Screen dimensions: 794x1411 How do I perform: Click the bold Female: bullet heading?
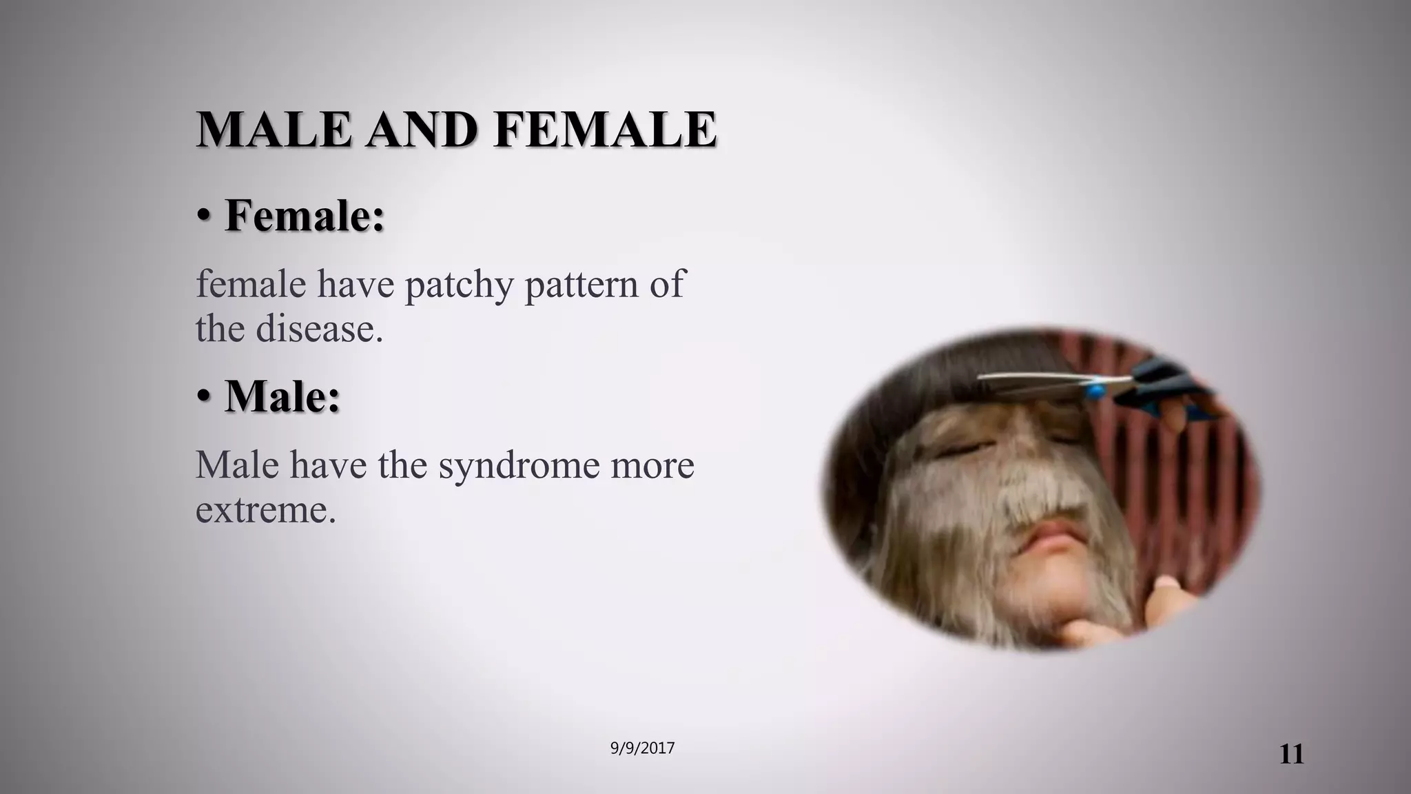(305, 216)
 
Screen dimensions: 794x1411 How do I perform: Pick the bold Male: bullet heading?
(282, 396)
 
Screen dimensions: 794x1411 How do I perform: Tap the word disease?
(319, 328)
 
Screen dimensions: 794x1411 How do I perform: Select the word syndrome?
(518, 465)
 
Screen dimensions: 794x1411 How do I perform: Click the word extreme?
(265, 509)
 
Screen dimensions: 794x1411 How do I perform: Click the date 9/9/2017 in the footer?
(642, 749)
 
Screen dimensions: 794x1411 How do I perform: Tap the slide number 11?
(1291, 755)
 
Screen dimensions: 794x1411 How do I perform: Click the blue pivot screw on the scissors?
(1093, 391)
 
